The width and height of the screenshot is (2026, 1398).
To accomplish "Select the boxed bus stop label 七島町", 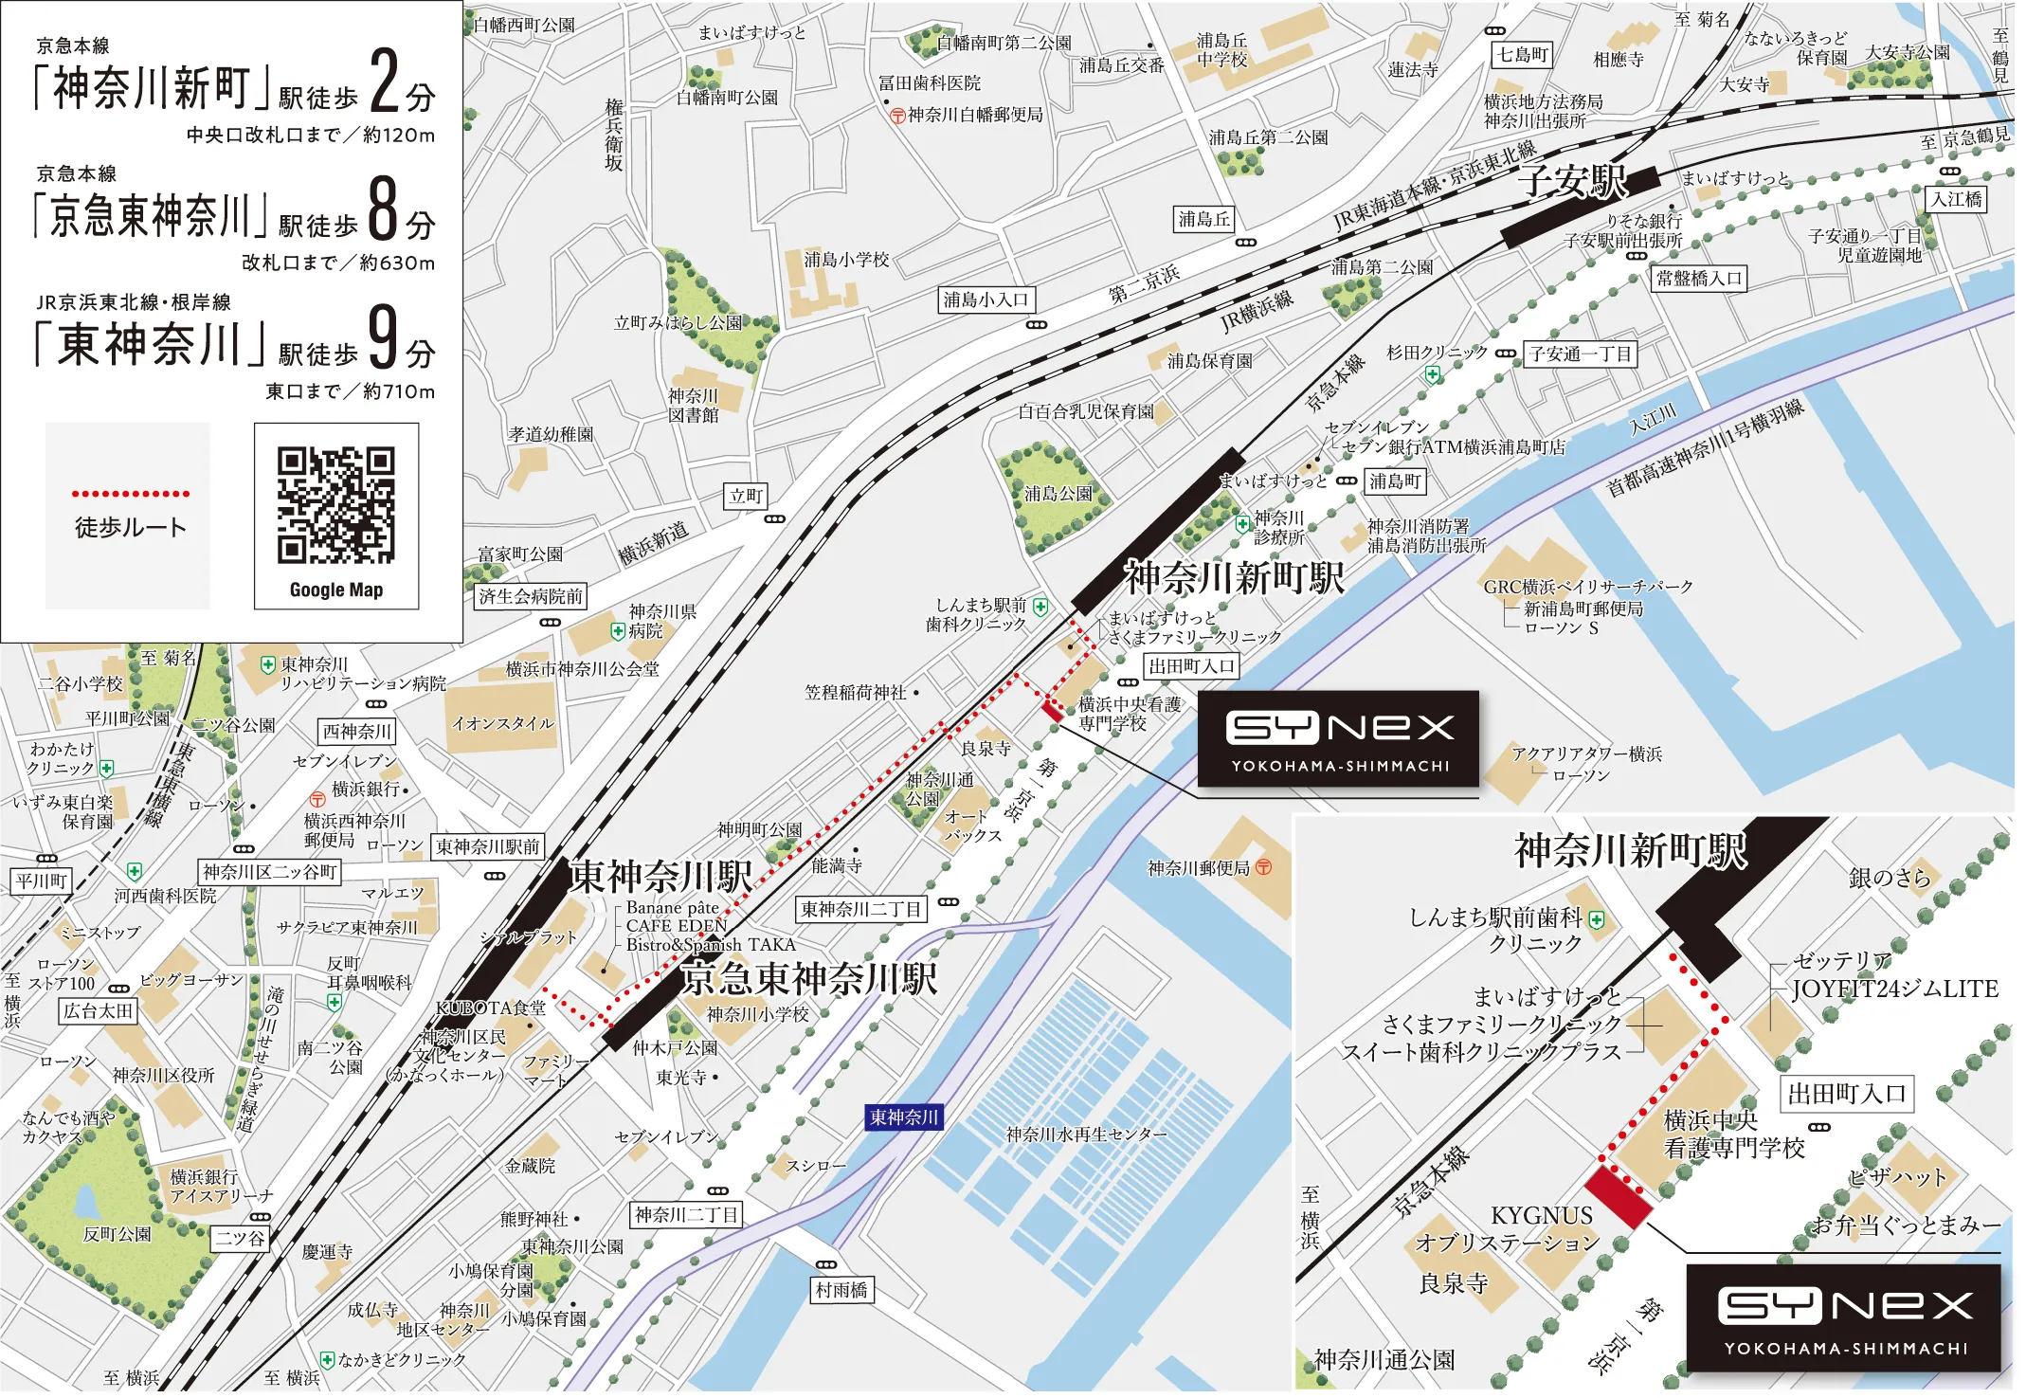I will (1522, 55).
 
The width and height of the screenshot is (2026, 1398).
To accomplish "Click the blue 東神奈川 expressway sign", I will (904, 1117).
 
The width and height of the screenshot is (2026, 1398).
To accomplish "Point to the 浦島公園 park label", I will (1058, 494).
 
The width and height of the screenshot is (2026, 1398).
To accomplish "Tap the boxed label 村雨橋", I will (841, 1290).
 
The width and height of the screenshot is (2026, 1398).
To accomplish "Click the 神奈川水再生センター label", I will (1086, 1135).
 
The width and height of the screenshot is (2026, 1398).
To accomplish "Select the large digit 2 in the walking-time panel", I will (385, 82).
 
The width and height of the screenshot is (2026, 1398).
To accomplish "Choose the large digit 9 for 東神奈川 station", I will (383, 337).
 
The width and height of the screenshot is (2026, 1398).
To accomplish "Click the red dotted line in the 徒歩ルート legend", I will (131, 494).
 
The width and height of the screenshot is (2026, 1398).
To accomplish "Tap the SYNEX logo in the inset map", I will (1844, 1318).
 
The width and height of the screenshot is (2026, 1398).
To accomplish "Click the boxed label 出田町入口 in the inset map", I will (1846, 1094).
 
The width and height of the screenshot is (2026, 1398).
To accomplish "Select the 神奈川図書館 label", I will (693, 406).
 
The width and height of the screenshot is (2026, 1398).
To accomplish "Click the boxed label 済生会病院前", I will (530, 596).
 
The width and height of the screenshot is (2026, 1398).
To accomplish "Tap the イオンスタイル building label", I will (502, 723).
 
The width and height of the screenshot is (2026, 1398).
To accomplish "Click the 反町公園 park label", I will (117, 1234).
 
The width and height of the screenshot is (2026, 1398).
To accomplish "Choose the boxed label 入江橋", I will (1957, 200).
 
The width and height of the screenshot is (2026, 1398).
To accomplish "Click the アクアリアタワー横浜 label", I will (1586, 753).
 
